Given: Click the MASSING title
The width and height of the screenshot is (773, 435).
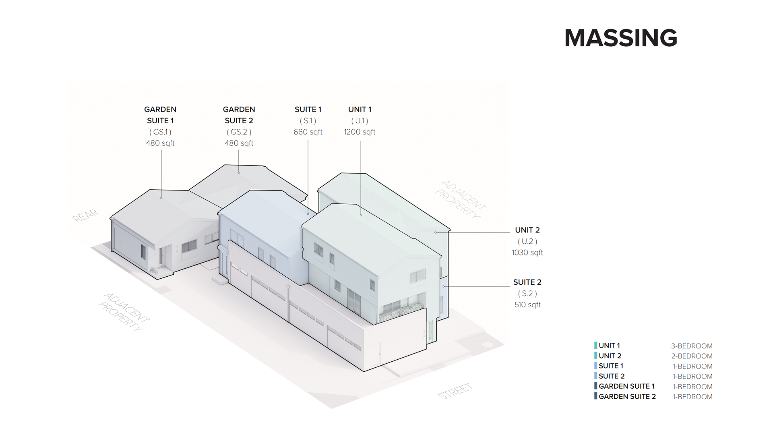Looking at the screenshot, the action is (620, 38).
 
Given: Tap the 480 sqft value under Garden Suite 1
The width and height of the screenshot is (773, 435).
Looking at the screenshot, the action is (160, 143).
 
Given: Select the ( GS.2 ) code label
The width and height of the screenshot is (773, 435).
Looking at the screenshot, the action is (239, 132).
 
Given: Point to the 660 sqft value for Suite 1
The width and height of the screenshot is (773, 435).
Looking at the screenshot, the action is (308, 132).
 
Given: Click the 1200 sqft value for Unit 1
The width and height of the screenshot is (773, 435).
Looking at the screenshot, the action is (360, 132).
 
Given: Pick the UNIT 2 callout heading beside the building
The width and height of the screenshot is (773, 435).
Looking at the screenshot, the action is (527, 230).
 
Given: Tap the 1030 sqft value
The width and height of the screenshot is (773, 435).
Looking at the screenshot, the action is (527, 253).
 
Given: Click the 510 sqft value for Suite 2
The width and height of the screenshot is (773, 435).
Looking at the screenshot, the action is (527, 304).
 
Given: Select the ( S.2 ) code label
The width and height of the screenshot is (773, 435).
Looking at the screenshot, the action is (527, 293).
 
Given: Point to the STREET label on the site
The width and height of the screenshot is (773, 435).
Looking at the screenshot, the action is (455, 391).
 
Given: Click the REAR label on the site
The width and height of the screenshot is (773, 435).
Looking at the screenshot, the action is (85, 215).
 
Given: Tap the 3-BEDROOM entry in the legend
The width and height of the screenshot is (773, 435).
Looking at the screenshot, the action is (692, 346).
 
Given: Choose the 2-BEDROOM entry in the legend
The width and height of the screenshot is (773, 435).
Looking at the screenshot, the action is (692, 356).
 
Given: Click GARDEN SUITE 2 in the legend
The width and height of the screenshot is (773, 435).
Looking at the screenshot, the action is (627, 396).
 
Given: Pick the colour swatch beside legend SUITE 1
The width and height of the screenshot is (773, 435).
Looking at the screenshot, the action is (595, 366).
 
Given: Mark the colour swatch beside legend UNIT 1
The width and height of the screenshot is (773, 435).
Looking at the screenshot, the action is (595, 345).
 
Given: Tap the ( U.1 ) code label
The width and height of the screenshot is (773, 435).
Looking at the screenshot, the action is (360, 120).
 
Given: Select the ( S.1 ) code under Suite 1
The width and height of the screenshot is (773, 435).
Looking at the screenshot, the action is (308, 120).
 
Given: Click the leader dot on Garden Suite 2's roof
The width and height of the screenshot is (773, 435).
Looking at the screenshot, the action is (239, 173).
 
